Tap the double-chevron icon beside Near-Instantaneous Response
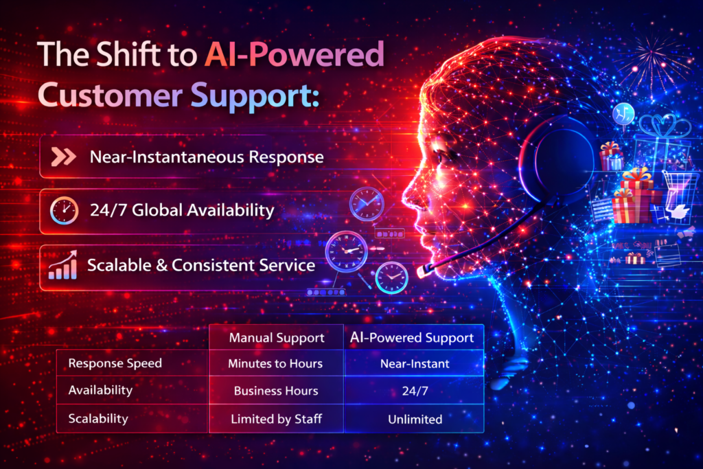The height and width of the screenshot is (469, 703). [x=65, y=157]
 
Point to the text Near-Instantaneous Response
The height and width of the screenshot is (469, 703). [x=207, y=157]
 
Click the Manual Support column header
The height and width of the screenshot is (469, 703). [x=275, y=338]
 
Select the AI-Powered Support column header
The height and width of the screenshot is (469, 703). [x=412, y=338]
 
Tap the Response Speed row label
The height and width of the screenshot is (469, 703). [x=115, y=363]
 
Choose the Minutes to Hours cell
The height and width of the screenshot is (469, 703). [x=275, y=363]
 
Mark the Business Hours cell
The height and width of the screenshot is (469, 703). [x=275, y=391]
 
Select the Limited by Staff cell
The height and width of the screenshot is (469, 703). [x=275, y=418]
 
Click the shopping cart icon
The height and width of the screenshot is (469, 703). [x=677, y=189]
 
